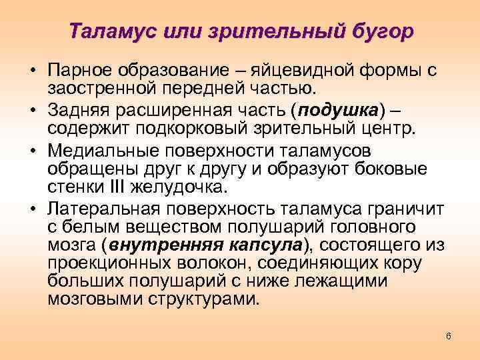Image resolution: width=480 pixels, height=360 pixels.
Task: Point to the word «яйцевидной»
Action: tap(289, 70)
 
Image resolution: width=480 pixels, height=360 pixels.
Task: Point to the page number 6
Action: tap(449, 335)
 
